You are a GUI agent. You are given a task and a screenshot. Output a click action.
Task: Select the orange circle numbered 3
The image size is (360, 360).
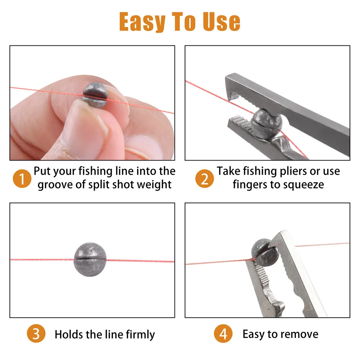(x=36, y=334)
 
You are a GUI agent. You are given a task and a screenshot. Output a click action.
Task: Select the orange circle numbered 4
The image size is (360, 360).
(x=223, y=334)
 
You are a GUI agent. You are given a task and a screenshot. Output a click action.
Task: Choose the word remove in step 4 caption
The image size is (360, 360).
(x=300, y=334)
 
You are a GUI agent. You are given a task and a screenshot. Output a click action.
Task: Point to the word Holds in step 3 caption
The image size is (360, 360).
(x=69, y=334)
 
